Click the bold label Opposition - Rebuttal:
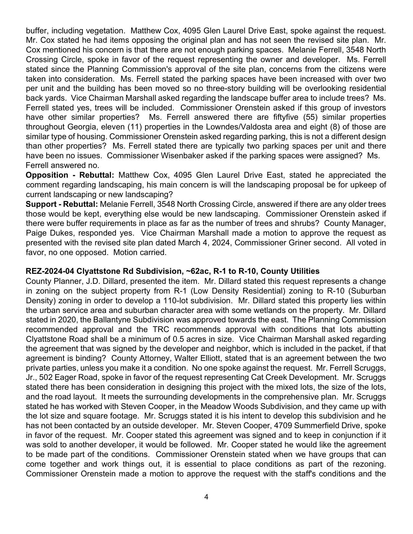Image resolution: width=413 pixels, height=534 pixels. [70, 175]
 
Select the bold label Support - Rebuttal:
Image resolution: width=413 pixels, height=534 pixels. [62, 204]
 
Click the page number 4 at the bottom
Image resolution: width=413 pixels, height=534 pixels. [206, 497]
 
